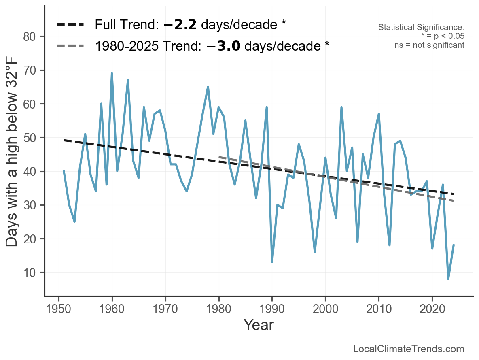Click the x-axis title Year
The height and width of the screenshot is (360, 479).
[259, 325]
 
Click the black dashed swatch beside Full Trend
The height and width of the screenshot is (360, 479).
[70, 25]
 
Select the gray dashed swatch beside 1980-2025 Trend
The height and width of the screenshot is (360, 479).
[70, 46]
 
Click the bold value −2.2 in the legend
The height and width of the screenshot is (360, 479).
[180, 25]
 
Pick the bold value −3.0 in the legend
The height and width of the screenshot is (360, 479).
[223, 46]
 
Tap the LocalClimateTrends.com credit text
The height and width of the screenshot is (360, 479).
[409, 349]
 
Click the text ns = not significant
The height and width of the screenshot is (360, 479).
[429, 45]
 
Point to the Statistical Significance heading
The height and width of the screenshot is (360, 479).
[421, 27]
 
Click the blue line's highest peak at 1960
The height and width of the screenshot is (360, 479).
[112, 73]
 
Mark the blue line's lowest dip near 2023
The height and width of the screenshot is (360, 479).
[448, 279]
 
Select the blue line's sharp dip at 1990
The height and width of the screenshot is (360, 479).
[272, 262]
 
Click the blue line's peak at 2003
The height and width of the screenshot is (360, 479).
[341, 107]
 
